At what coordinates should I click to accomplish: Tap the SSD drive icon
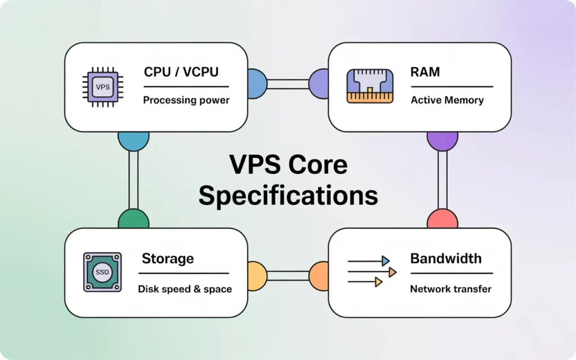(x=102, y=272)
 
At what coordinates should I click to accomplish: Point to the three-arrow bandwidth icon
(x=372, y=272)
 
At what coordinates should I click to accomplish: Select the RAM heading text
(x=425, y=72)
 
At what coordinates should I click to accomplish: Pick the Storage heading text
(x=168, y=258)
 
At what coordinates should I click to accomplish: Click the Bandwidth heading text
(x=445, y=258)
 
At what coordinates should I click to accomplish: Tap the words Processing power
(x=186, y=100)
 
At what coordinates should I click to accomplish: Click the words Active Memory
(x=447, y=100)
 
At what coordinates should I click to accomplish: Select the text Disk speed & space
(x=184, y=289)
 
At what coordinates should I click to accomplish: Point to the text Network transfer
(x=450, y=289)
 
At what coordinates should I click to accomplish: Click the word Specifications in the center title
(x=288, y=196)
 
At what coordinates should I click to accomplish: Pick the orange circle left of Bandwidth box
(x=319, y=275)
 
